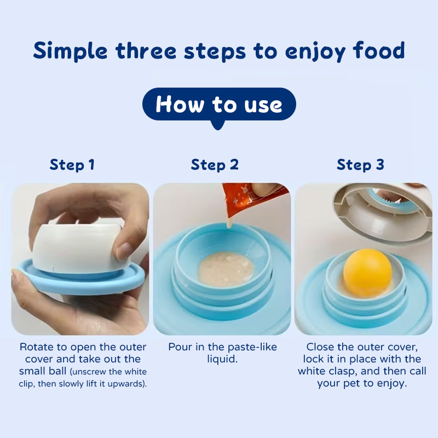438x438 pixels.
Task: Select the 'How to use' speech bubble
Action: tap(219, 104)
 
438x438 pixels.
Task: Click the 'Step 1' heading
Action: tap(72, 164)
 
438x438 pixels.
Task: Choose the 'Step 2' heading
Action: tap(215, 164)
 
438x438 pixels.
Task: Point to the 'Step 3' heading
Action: tap(360, 164)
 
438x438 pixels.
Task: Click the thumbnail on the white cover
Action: tap(124, 251)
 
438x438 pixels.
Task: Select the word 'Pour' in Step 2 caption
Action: tap(180, 347)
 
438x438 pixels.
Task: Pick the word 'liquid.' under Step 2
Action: tap(222, 359)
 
